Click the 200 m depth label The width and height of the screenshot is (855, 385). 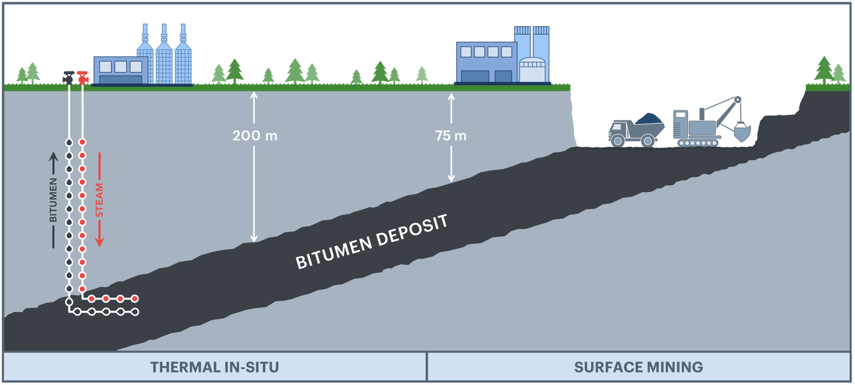(x=254, y=136)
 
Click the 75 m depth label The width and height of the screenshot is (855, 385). (x=451, y=136)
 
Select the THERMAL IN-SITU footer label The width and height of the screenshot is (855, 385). (x=214, y=367)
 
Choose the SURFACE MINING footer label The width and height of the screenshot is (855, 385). (x=638, y=367)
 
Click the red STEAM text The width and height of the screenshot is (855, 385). (x=99, y=200)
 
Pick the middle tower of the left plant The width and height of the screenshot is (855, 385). (x=164, y=57)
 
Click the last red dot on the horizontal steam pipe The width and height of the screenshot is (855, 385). (x=135, y=298)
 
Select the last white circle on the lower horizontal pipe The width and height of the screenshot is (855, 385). (x=136, y=312)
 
